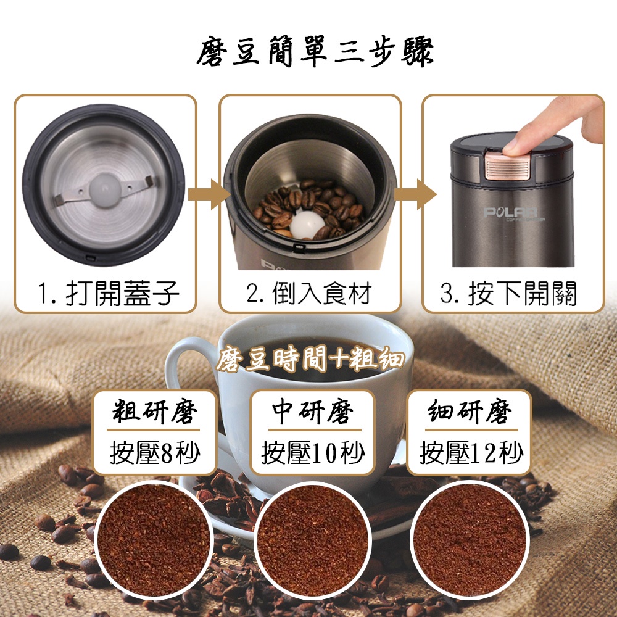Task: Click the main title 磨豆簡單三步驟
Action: pyautogui.click(x=315, y=51)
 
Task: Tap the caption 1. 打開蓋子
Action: pyautogui.click(x=109, y=293)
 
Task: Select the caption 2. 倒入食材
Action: pyautogui.click(x=309, y=293)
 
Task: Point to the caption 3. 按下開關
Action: pyautogui.click(x=508, y=293)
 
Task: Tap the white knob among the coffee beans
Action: pyautogui.click(x=307, y=225)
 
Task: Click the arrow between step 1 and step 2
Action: pyautogui.click(x=209, y=194)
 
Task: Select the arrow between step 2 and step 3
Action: pyautogui.click(x=415, y=194)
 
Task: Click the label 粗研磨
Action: pyautogui.click(x=154, y=412)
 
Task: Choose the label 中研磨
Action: pyautogui.click(x=313, y=412)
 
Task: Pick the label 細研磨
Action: pyautogui.click(x=470, y=412)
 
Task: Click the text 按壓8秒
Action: pyautogui.click(x=155, y=452)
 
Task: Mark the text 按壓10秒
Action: pyautogui.click(x=313, y=452)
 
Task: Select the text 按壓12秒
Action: pyautogui.click(x=471, y=452)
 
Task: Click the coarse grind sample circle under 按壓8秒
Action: pyautogui.click(x=154, y=540)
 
